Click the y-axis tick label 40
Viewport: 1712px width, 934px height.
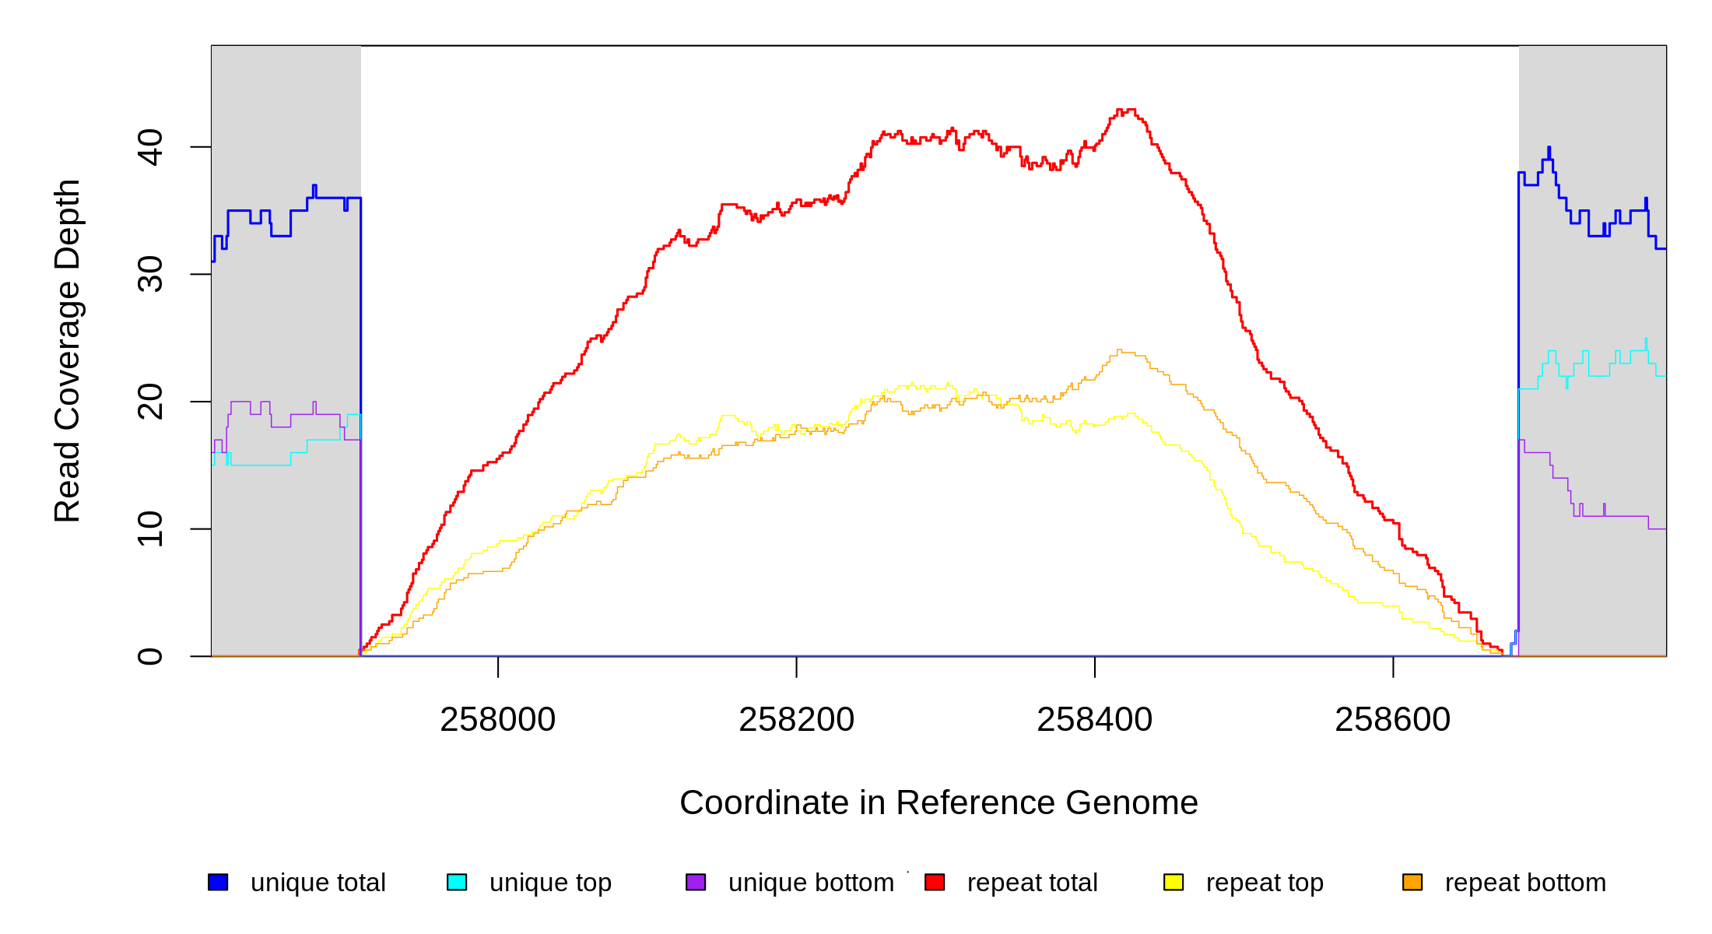tap(149, 147)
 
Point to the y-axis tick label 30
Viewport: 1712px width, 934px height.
tap(149, 274)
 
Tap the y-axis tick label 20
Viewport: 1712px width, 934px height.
tap(149, 402)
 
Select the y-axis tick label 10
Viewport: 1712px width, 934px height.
tap(149, 529)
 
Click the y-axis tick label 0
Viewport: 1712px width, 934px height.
tap(149, 656)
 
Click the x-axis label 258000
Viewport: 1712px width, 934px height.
tap(497, 719)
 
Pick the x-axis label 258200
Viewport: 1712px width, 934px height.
tap(796, 719)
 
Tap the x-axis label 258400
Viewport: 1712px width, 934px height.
tap(1094, 719)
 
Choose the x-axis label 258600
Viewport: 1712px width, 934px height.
tap(1392, 719)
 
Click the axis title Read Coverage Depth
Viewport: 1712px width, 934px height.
tap(67, 350)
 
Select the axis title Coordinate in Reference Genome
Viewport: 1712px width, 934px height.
tap(938, 802)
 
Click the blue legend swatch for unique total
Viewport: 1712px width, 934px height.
tap(218, 882)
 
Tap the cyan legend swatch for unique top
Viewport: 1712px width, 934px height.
tap(457, 882)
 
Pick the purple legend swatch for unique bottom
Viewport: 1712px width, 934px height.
tap(696, 882)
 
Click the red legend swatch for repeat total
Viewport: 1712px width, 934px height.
tap(935, 882)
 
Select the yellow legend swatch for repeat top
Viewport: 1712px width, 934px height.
tap(1173, 882)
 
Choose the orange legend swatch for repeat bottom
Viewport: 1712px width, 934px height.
tap(1412, 882)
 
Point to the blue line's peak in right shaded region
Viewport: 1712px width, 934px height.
tap(1549, 148)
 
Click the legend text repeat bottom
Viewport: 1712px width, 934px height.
tap(1525, 883)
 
